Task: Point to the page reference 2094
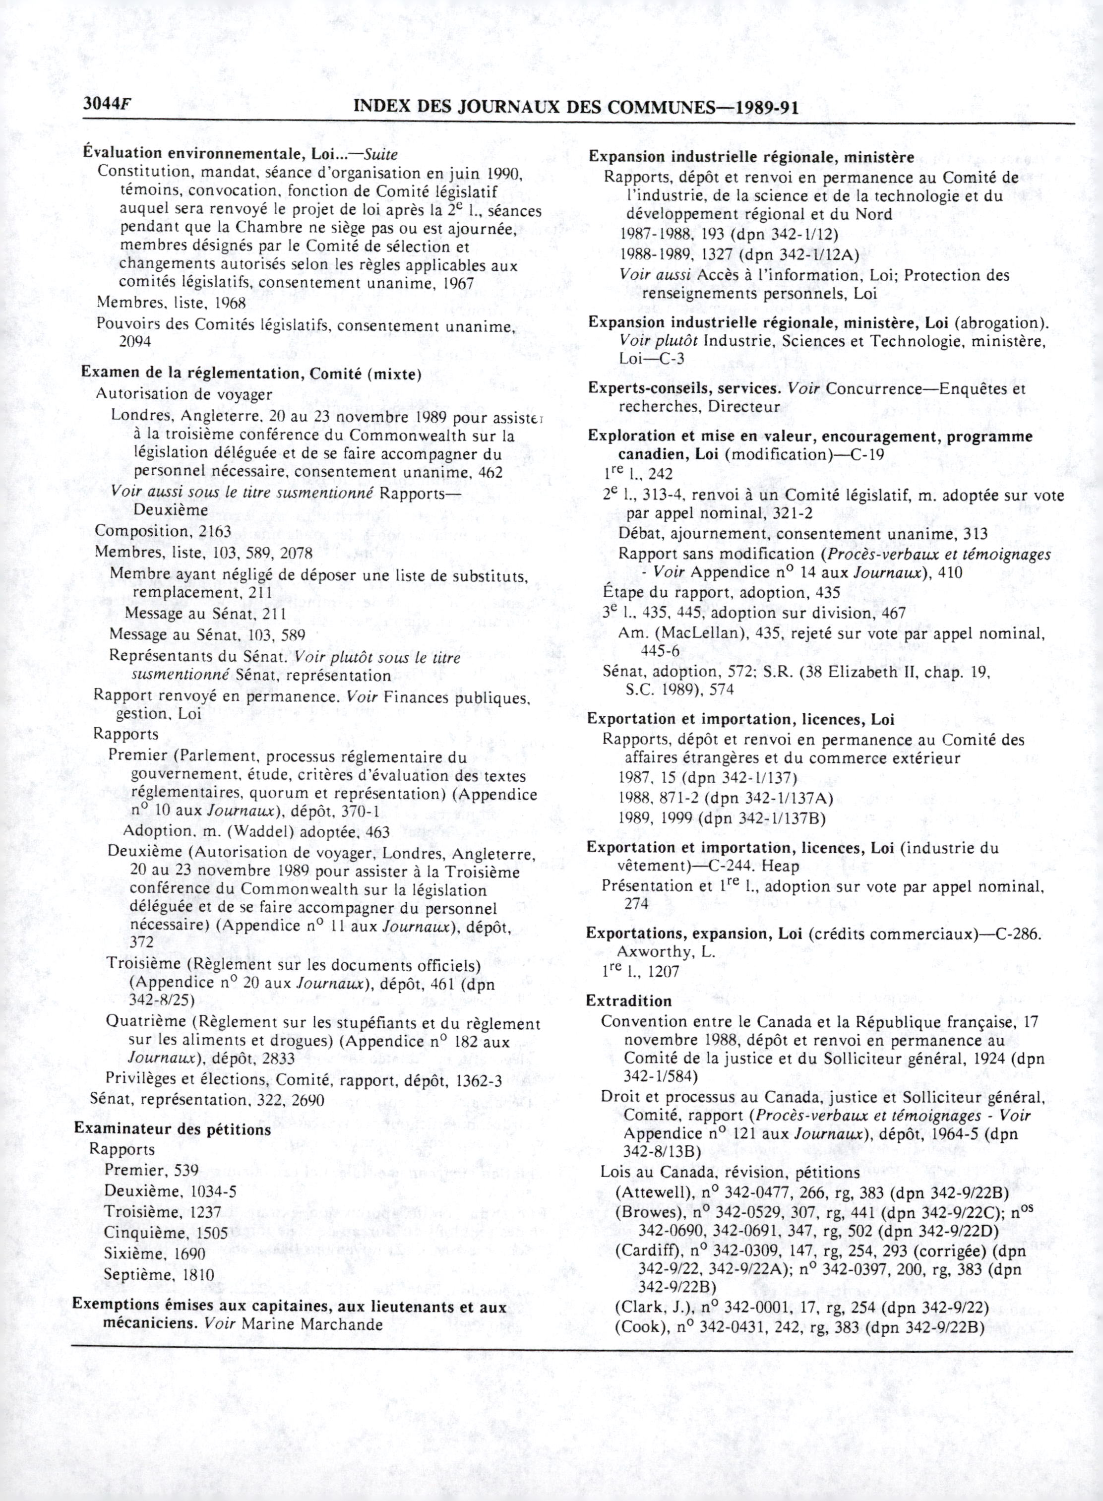135,341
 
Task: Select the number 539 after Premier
186,1170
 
